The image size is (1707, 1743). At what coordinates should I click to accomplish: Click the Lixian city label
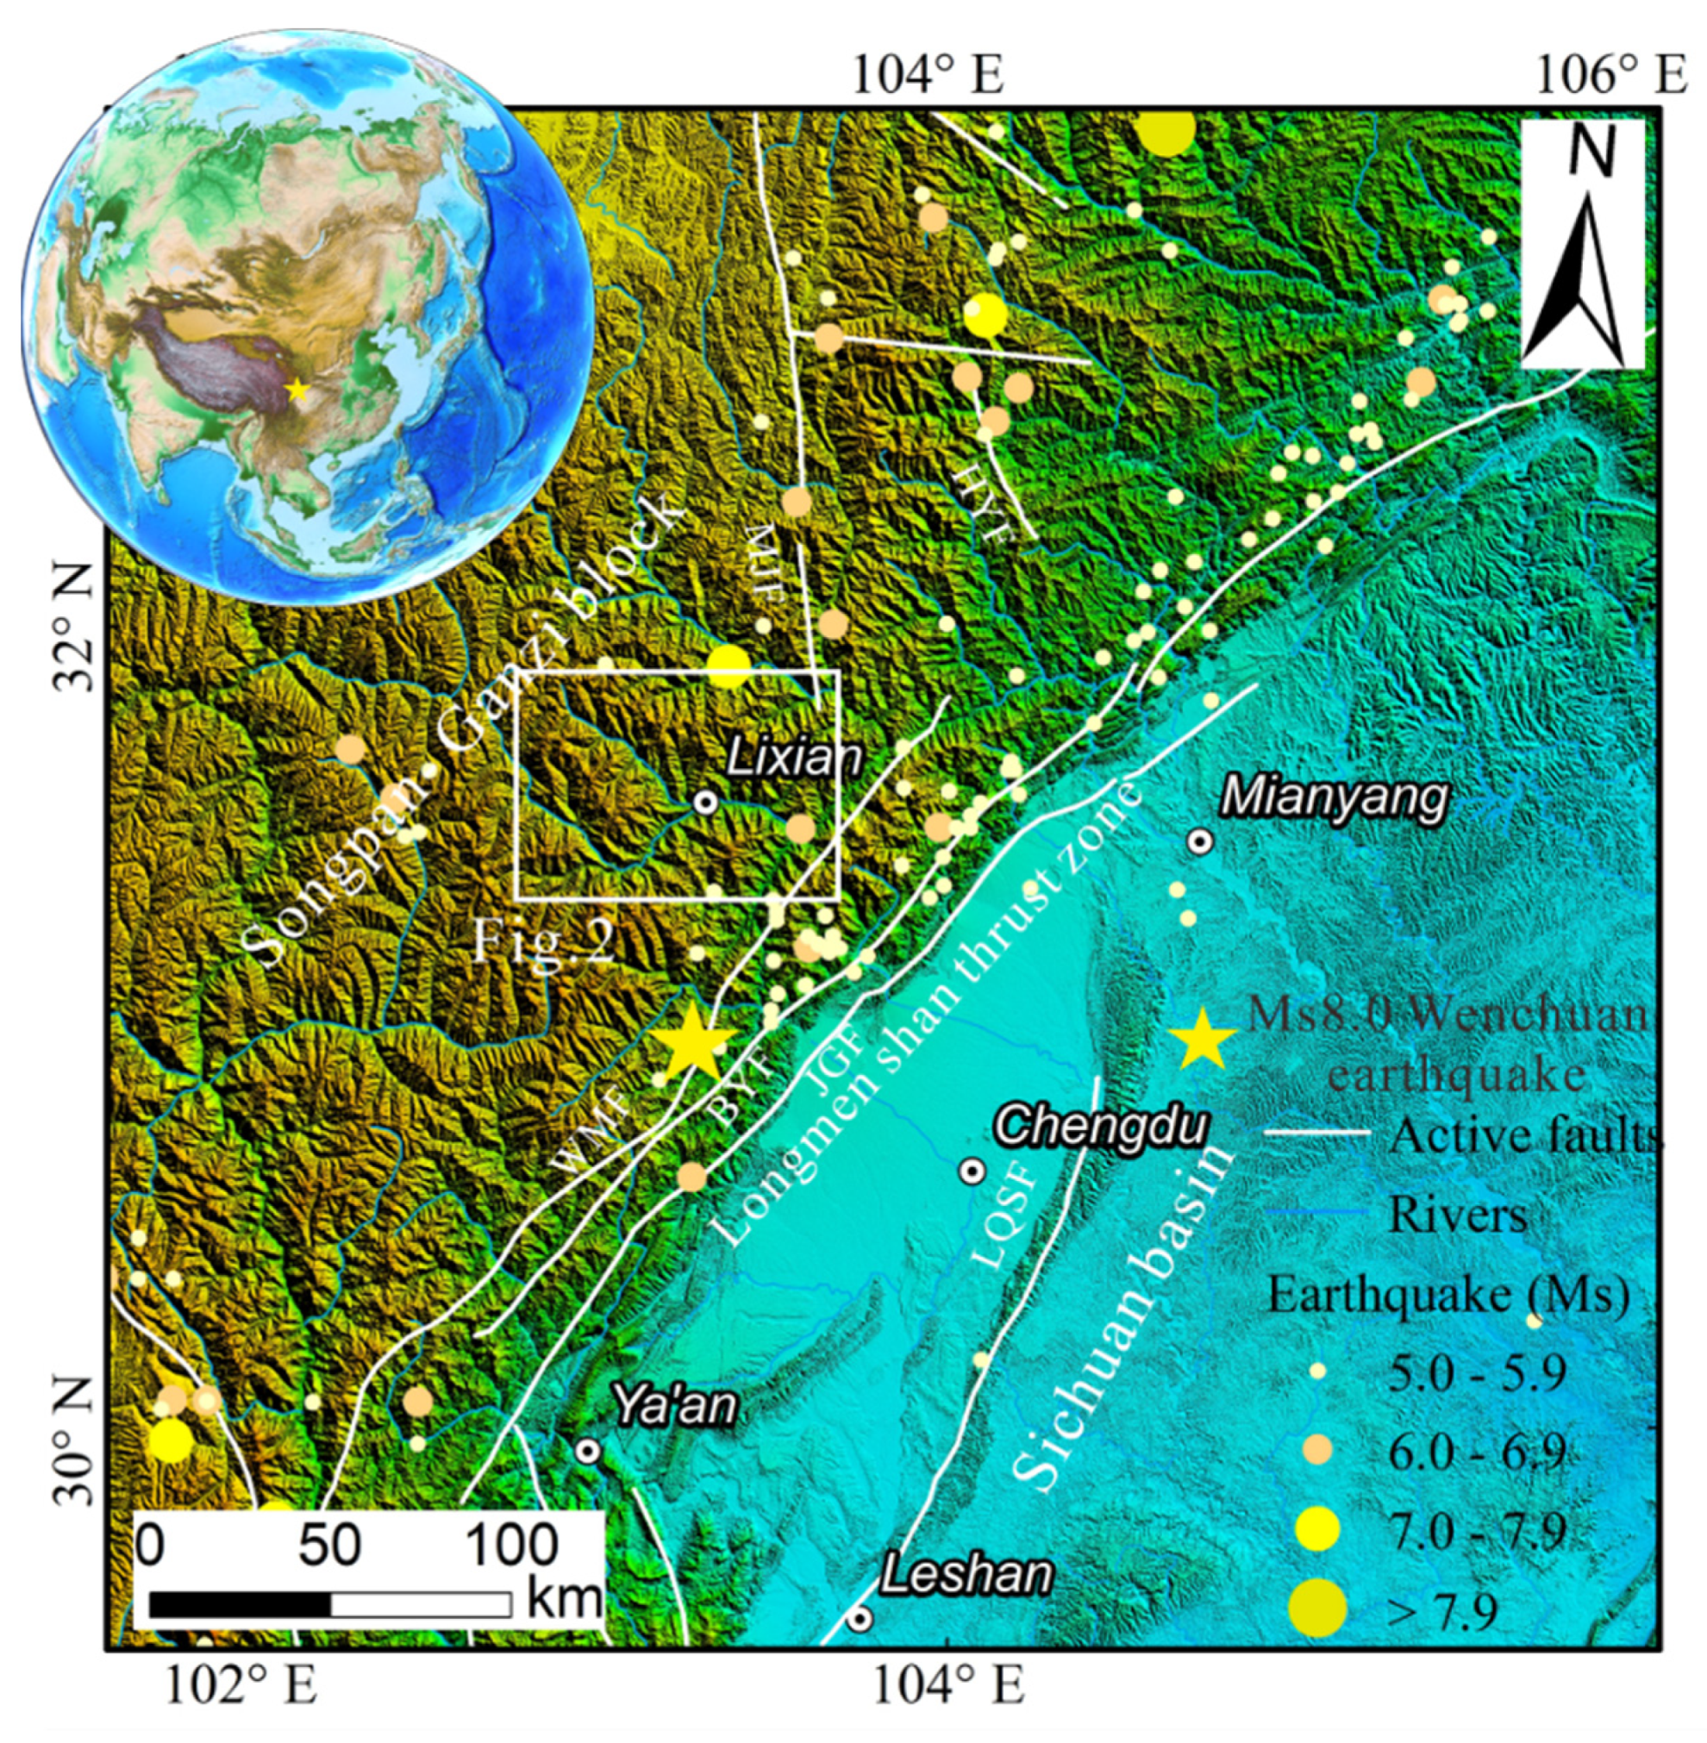pos(792,759)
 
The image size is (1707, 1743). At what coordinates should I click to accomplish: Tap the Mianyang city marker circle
pos(1200,841)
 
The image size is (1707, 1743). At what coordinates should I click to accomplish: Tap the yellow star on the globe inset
pos(297,390)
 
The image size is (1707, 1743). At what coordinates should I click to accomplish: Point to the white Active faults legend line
pos(1316,1134)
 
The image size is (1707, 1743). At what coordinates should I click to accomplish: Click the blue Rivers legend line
pos(1316,1213)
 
